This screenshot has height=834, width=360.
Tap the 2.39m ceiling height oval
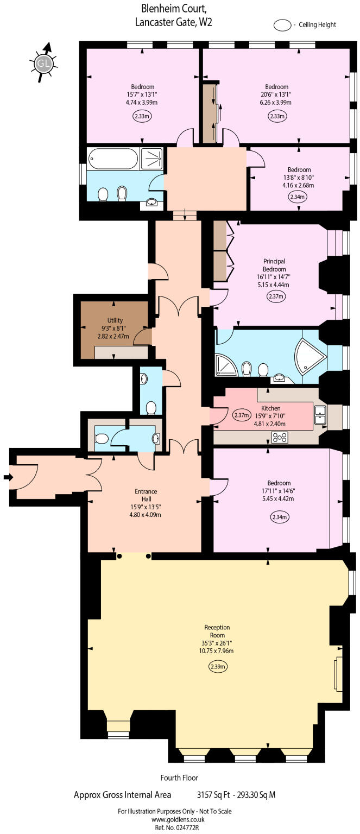tap(217, 666)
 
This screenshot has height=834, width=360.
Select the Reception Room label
tap(217, 631)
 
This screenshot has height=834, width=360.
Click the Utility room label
tap(115, 320)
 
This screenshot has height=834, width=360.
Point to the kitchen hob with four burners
tap(280, 437)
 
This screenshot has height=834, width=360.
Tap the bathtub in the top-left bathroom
tap(113, 159)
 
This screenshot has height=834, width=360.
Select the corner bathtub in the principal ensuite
tap(310, 356)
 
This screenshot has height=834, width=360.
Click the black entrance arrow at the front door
tap(8, 477)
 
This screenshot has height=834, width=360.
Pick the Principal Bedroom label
tap(274, 265)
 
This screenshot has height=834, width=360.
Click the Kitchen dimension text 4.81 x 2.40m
tap(270, 424)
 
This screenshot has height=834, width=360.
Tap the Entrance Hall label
tap(146, 495)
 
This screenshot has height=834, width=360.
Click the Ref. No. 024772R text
tap(177, 827)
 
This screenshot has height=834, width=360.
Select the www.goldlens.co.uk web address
tap(178, 819)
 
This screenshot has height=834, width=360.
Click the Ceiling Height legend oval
tap(282, 25)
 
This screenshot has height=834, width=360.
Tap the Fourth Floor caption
tap(179, 778)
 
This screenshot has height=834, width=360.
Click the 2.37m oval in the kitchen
tap(242, 415)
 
